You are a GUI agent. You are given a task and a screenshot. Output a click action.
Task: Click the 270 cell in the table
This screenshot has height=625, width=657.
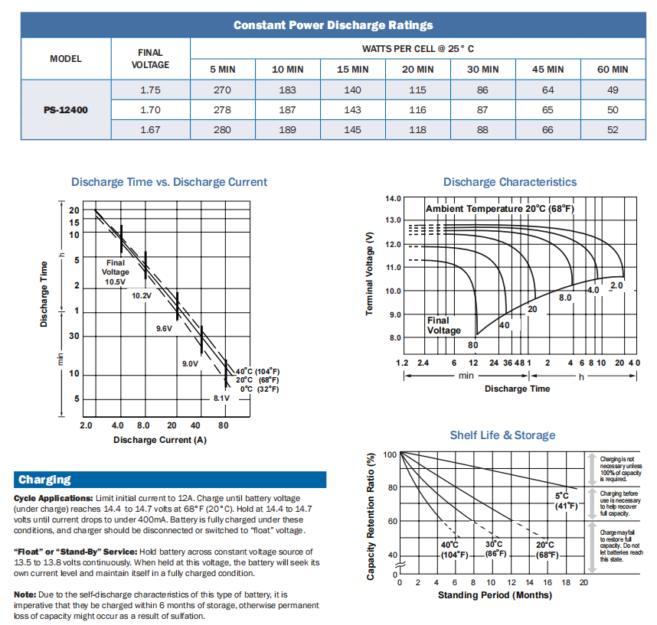tap(222, 90)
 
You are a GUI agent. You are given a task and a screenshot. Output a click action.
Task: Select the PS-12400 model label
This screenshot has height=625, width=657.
tap(66, 110)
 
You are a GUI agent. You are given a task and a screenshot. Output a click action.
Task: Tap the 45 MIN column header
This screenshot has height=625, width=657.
tap(547, 70)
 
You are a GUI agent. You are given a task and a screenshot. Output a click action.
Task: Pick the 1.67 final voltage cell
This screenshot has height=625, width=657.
tap(150, 130)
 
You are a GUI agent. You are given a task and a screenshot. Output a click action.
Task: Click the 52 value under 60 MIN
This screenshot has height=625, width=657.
tap(613, 130)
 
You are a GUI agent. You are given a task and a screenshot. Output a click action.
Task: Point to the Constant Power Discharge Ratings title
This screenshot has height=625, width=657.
tap(333, 25)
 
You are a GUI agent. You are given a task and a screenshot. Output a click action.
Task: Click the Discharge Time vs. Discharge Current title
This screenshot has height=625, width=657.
tap(169, 182)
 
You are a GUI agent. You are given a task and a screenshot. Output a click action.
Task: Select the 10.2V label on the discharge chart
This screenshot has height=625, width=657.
tap(141, 295)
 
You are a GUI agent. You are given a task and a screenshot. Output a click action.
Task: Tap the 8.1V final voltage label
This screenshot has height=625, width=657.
tap(221, 398)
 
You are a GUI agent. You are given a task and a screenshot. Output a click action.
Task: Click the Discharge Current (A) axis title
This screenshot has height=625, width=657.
tap(160, 440)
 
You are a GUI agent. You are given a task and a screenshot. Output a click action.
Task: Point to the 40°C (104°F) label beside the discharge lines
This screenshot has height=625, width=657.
tap(257, 371)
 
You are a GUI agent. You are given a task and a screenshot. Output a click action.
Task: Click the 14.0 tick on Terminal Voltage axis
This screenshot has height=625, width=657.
tap(394, 199)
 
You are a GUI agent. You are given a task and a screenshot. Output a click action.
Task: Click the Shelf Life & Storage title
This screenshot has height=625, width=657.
tap(502, 435)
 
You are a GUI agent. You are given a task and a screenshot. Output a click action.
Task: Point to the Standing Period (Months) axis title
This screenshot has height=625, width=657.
tap(494, 594)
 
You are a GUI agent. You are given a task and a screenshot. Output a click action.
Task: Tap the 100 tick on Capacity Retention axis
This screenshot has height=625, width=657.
tap(390, 454)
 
